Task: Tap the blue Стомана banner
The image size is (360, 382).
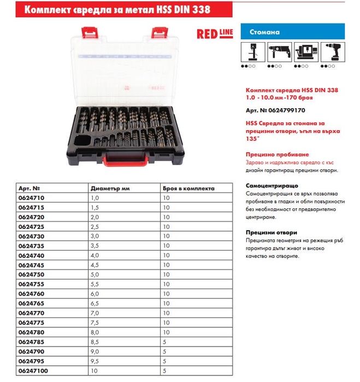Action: click(292, 32)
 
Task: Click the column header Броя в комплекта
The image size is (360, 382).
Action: click(188, 187)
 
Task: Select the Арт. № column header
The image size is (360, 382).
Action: click(29, 187)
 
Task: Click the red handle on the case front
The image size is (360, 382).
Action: click(125, 160)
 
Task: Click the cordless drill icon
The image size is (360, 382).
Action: click(333, 54)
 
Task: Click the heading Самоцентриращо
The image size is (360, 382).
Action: click(272, 185)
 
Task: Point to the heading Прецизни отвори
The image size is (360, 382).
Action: click(272, 232)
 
